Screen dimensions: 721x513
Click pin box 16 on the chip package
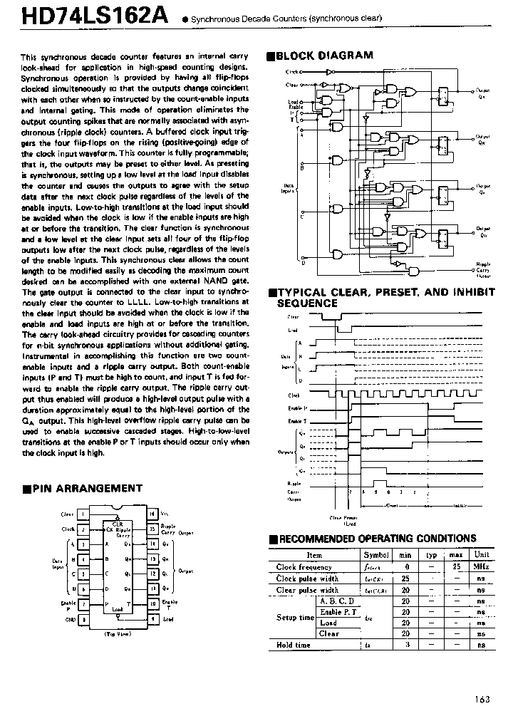click(152, 514)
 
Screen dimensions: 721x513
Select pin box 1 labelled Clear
click(83, 514)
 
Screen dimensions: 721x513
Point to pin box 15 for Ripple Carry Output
click(152, 529)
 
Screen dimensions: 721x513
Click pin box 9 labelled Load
click(152, 619)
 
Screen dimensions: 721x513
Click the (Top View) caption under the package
click(118, 633)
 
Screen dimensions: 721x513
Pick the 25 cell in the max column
click(457, 567)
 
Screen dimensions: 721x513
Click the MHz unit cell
click(482, 567)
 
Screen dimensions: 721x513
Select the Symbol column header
click(375, 555)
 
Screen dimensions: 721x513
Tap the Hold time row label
click(293, 645)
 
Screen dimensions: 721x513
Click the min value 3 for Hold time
click(405, 645)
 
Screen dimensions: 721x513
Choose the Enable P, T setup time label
click(338, 612)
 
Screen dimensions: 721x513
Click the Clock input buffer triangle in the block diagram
click(328, 72)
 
